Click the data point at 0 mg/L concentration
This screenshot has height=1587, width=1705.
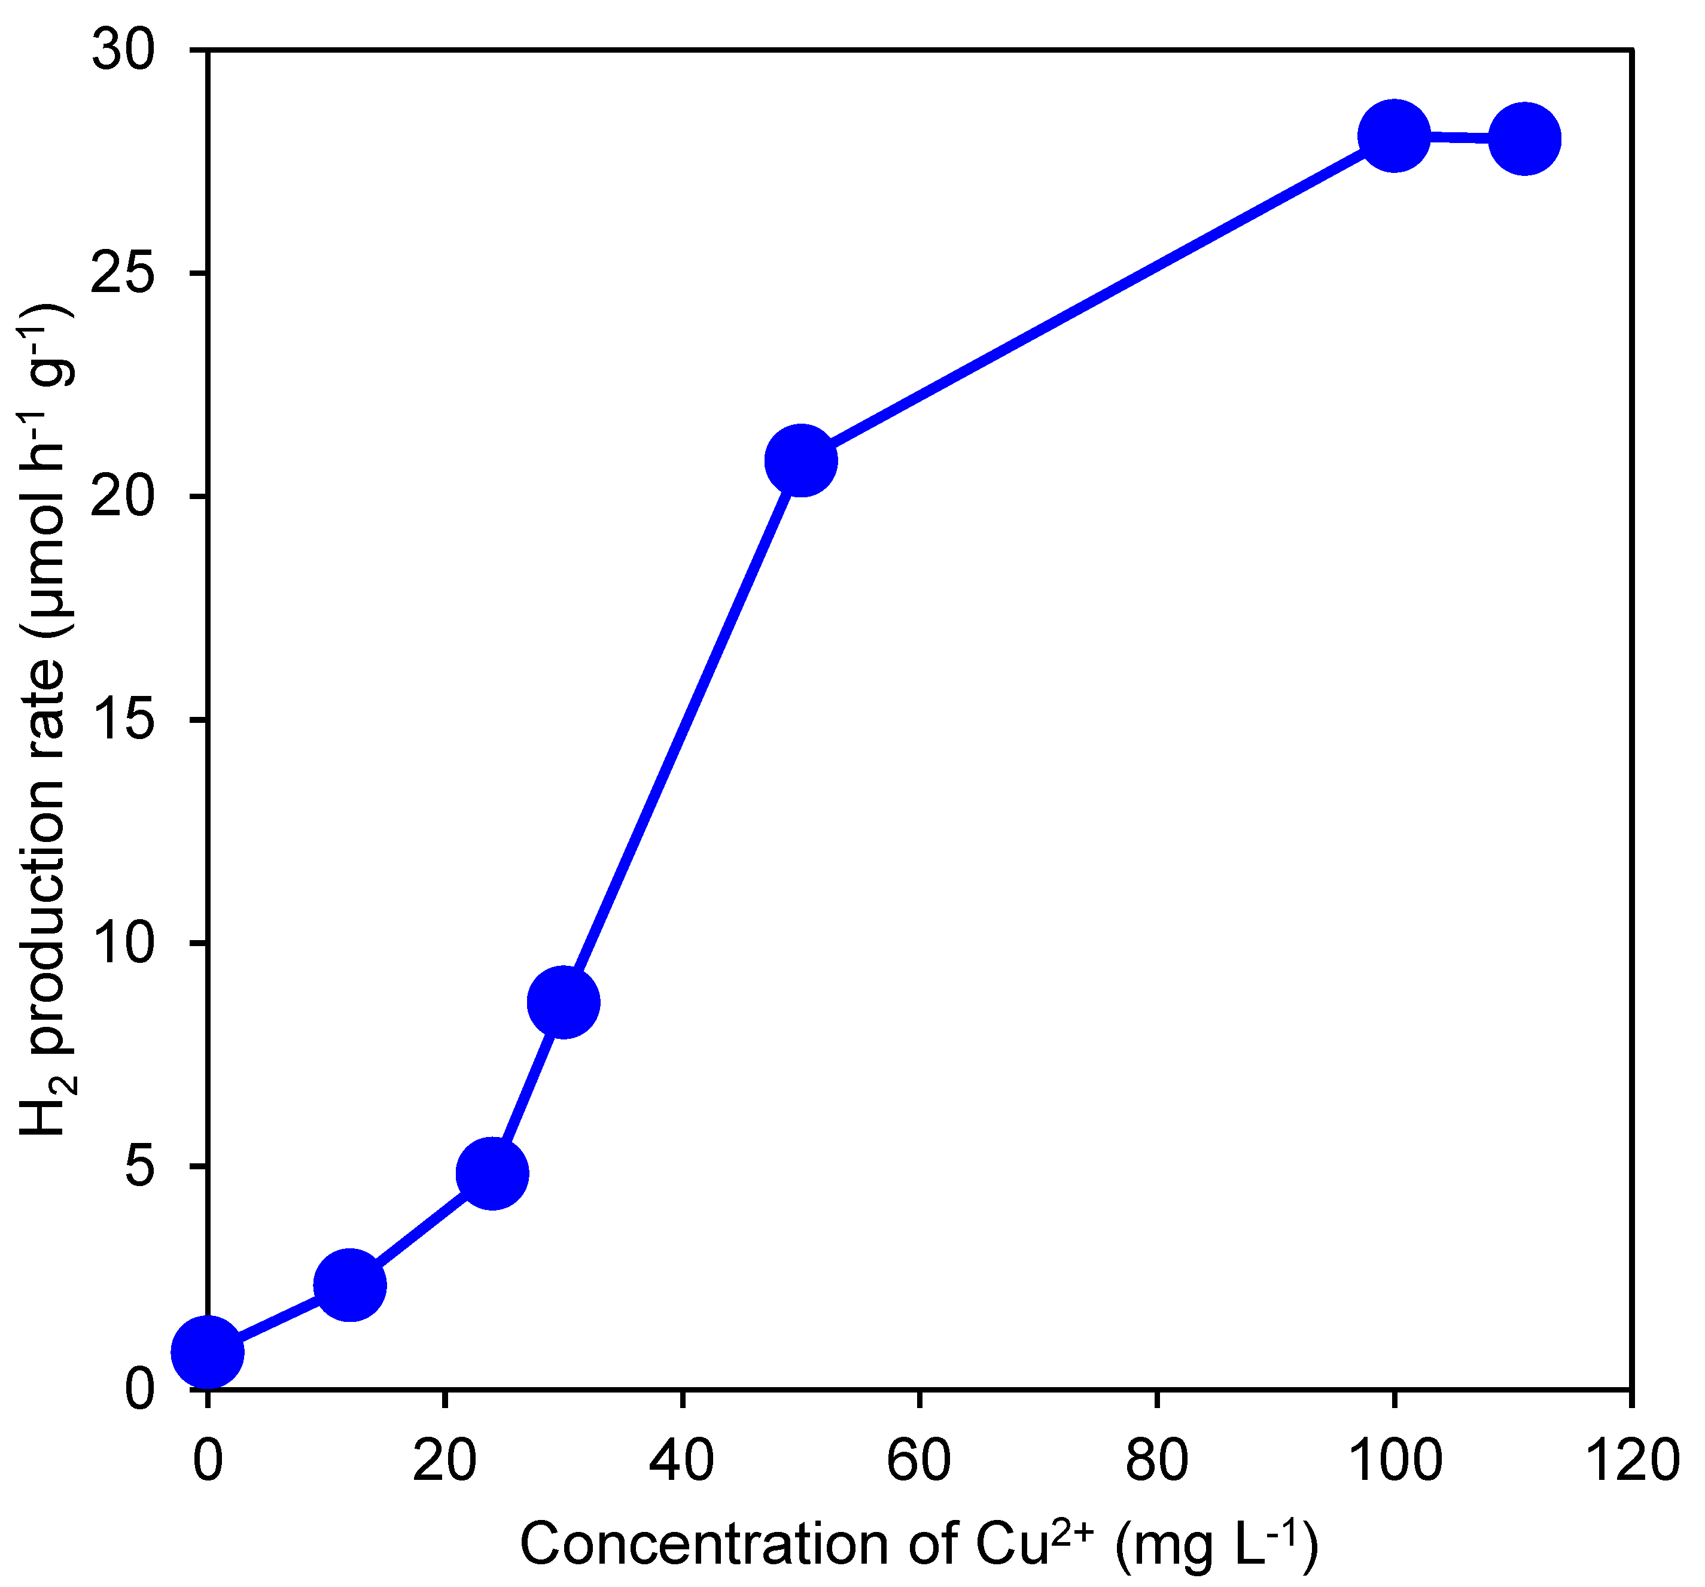point(208,1351)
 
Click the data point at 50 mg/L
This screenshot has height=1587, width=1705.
point(801,460)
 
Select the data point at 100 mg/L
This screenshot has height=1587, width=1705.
point(1395,135)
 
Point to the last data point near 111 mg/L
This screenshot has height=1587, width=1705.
point(1525,138)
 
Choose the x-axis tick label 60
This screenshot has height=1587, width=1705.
point(918,1459)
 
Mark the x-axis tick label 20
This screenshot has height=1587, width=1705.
point(444,1459)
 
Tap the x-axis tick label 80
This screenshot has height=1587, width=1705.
point(1156,1459)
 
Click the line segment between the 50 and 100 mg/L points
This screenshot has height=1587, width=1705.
point(1098,297)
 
